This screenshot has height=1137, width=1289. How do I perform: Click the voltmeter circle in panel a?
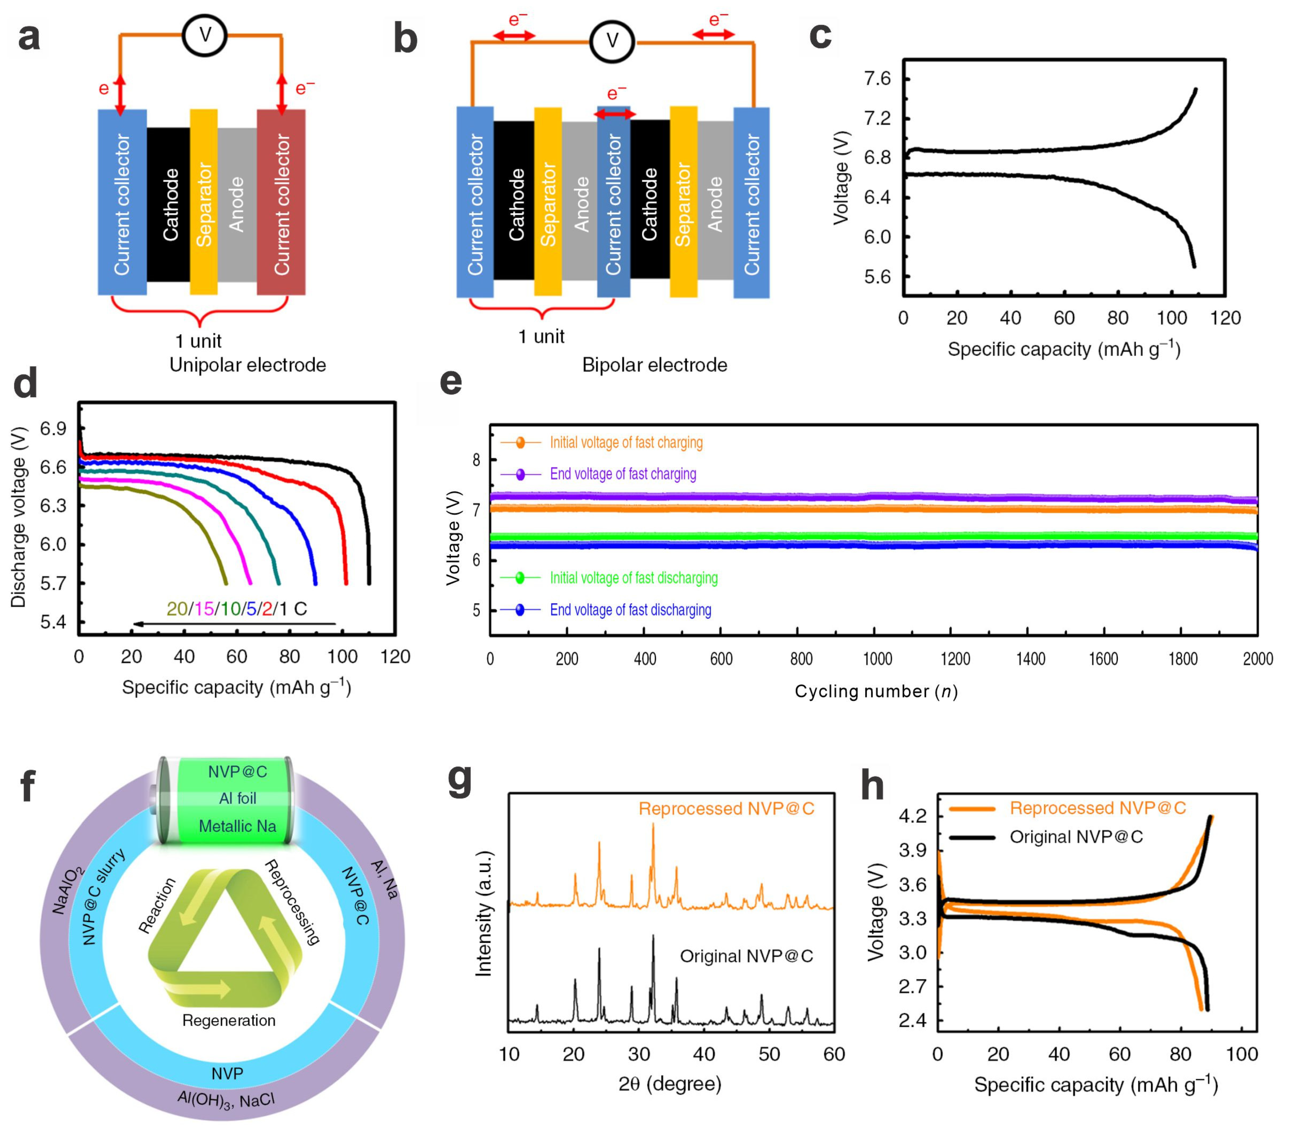(x=204, y=35)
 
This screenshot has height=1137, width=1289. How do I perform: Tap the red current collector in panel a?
(x=281, y=202)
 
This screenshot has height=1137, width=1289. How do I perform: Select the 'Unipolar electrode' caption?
(x=247, y=365)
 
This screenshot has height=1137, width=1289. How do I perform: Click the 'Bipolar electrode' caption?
(x=654, y=365)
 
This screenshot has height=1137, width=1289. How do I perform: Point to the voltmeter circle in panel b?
(x=612, y=42)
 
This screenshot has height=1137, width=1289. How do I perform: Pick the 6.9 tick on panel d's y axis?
(x=53, y=429)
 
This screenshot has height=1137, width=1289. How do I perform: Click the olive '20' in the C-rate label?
(x=177, y=609)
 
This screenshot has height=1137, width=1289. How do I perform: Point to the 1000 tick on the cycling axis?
(x=877, y=659)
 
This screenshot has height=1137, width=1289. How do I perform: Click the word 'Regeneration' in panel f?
(x=229, y=1020)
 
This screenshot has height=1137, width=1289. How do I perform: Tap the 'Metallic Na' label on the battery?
(x=238, y=826)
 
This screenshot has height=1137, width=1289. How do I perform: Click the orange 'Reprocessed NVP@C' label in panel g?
(x=726, y=809)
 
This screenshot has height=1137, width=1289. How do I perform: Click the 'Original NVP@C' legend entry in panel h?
(x=1076, y=837)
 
